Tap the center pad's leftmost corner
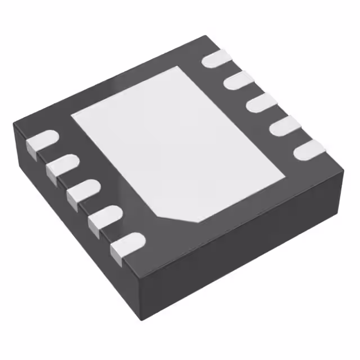click(x=72, y=115)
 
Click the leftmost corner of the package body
click(x=14, y=126)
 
